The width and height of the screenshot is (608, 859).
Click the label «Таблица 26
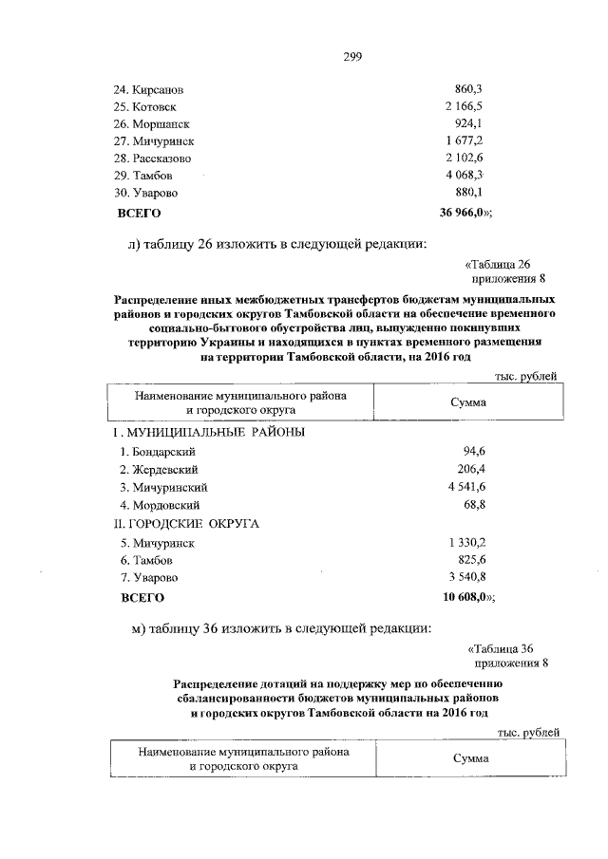click(x=506, y=265)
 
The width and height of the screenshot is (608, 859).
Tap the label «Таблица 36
click(x=507, y=648)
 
